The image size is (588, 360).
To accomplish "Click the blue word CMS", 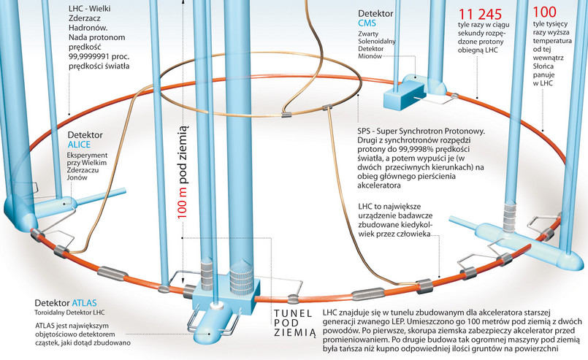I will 367,25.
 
